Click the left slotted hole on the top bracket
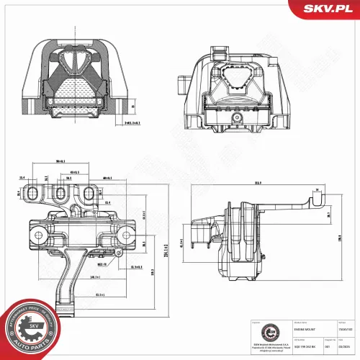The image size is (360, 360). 31,193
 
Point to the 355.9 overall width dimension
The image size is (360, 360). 256,183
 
